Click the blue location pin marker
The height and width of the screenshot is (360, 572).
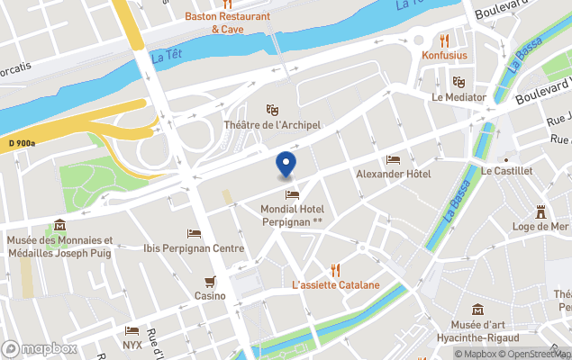tap(286, 165)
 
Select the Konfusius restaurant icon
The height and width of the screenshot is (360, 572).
tap(444, 40)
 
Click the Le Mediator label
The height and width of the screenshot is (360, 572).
tap(459, 97)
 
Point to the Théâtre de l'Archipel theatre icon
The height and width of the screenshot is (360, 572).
tap(273, 110)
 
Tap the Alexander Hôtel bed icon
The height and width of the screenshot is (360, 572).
tap(393, 159)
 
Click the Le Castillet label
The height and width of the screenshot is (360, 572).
tap(508, 170)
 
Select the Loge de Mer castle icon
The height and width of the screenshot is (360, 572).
tap(541, 212)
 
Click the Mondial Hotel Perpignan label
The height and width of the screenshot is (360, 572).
tap(291, 215)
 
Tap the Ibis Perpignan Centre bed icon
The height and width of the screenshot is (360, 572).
tap(194, 234)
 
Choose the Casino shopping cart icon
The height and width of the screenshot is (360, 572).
tap(210, 281)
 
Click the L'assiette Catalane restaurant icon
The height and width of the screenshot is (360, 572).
tap(335, 269)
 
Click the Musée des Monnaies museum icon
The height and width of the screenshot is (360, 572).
tap(59, 225)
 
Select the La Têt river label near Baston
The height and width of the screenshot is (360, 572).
tap(164, 57)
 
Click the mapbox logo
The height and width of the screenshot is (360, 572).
tap(40, 348)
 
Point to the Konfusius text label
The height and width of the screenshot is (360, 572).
tap(444, 55)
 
